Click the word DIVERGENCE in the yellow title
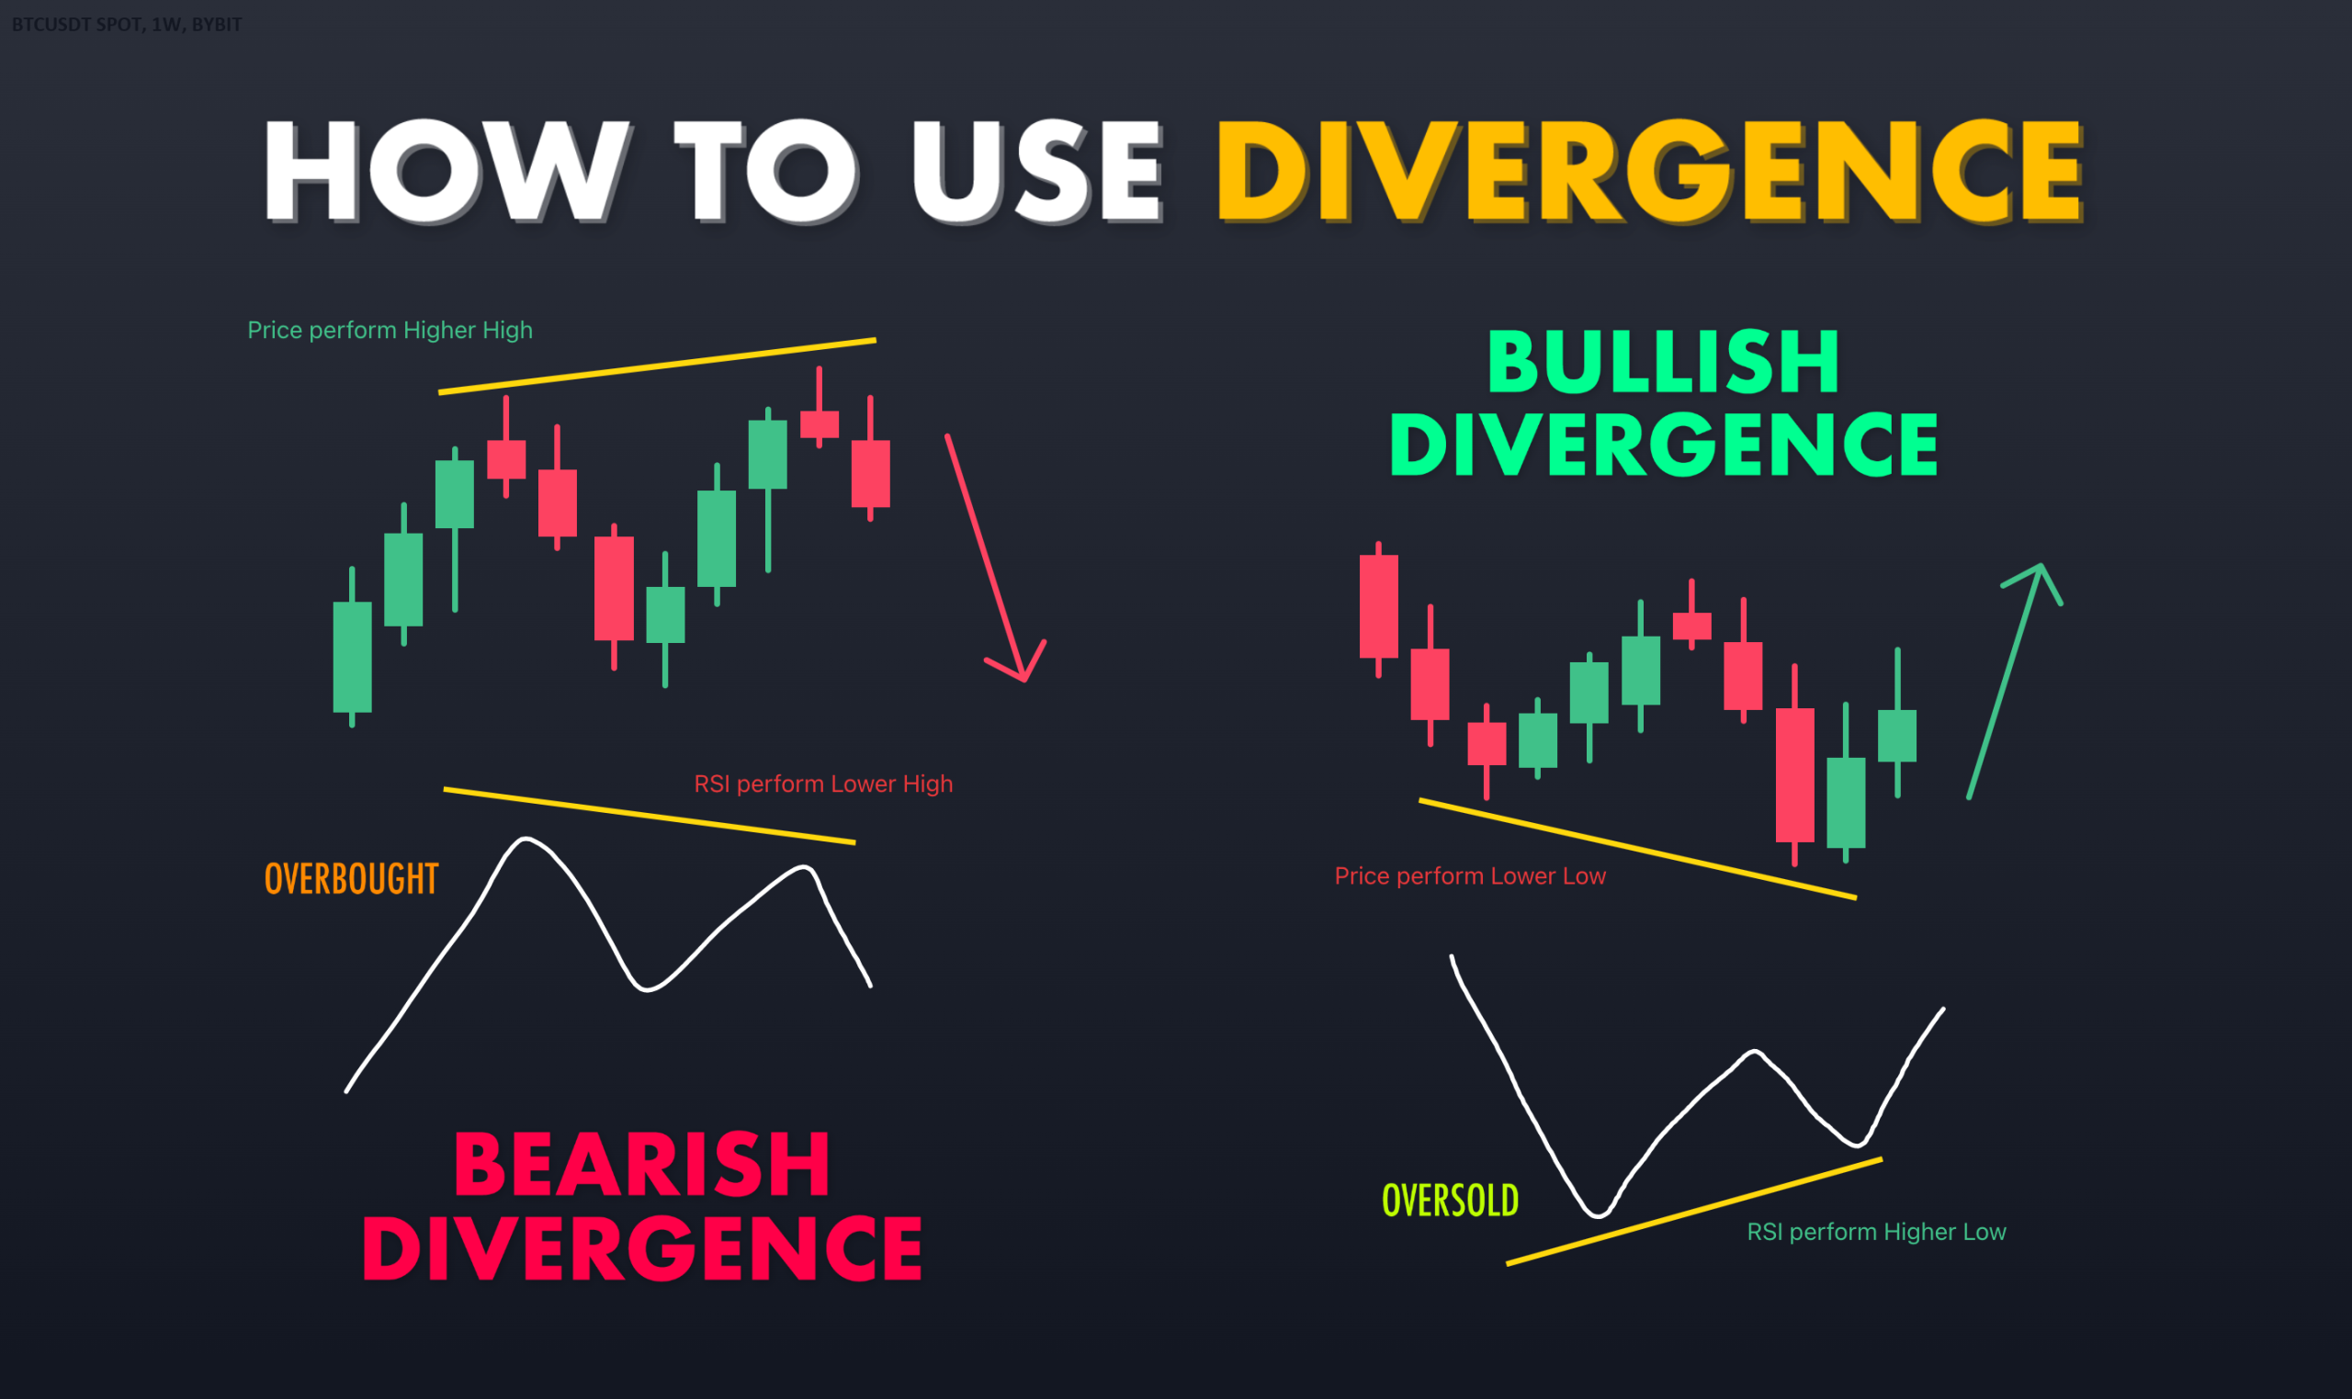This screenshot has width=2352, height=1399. coord(1650,172)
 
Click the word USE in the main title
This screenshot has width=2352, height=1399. coord(1037,172)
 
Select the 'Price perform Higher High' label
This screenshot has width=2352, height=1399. coord(390,330)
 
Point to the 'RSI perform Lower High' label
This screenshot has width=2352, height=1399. coord(823,784)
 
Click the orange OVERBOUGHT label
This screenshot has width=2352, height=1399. coord(352,878)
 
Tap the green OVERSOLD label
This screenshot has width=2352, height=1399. coord(1450,1200)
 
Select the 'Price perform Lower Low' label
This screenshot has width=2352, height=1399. coord(1470,875)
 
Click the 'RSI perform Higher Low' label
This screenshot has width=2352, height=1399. coord(1876,1231)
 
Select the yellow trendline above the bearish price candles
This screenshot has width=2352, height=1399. coord(657,366)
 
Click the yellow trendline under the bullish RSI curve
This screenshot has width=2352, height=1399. coord(1694,1211)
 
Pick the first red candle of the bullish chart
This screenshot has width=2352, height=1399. coord(1378,609)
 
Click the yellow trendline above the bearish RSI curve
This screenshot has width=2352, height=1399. coord(650,816)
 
